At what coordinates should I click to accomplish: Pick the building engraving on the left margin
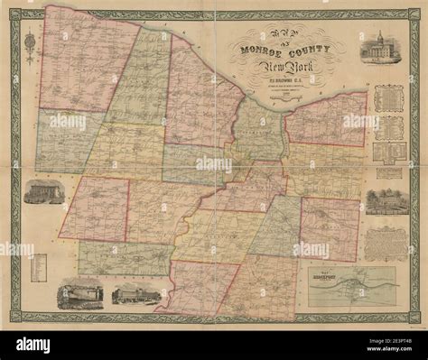click(43, 191)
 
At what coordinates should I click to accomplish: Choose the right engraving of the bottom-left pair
click(128, 295)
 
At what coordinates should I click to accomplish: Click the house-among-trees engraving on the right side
click(386, 201)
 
